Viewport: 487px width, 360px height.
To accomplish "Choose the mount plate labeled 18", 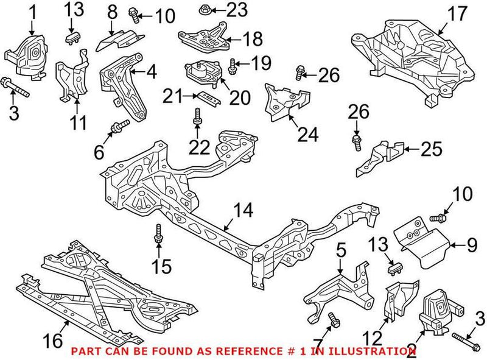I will (x=203, y=38).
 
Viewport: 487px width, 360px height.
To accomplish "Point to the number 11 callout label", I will (x=78, y=124).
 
